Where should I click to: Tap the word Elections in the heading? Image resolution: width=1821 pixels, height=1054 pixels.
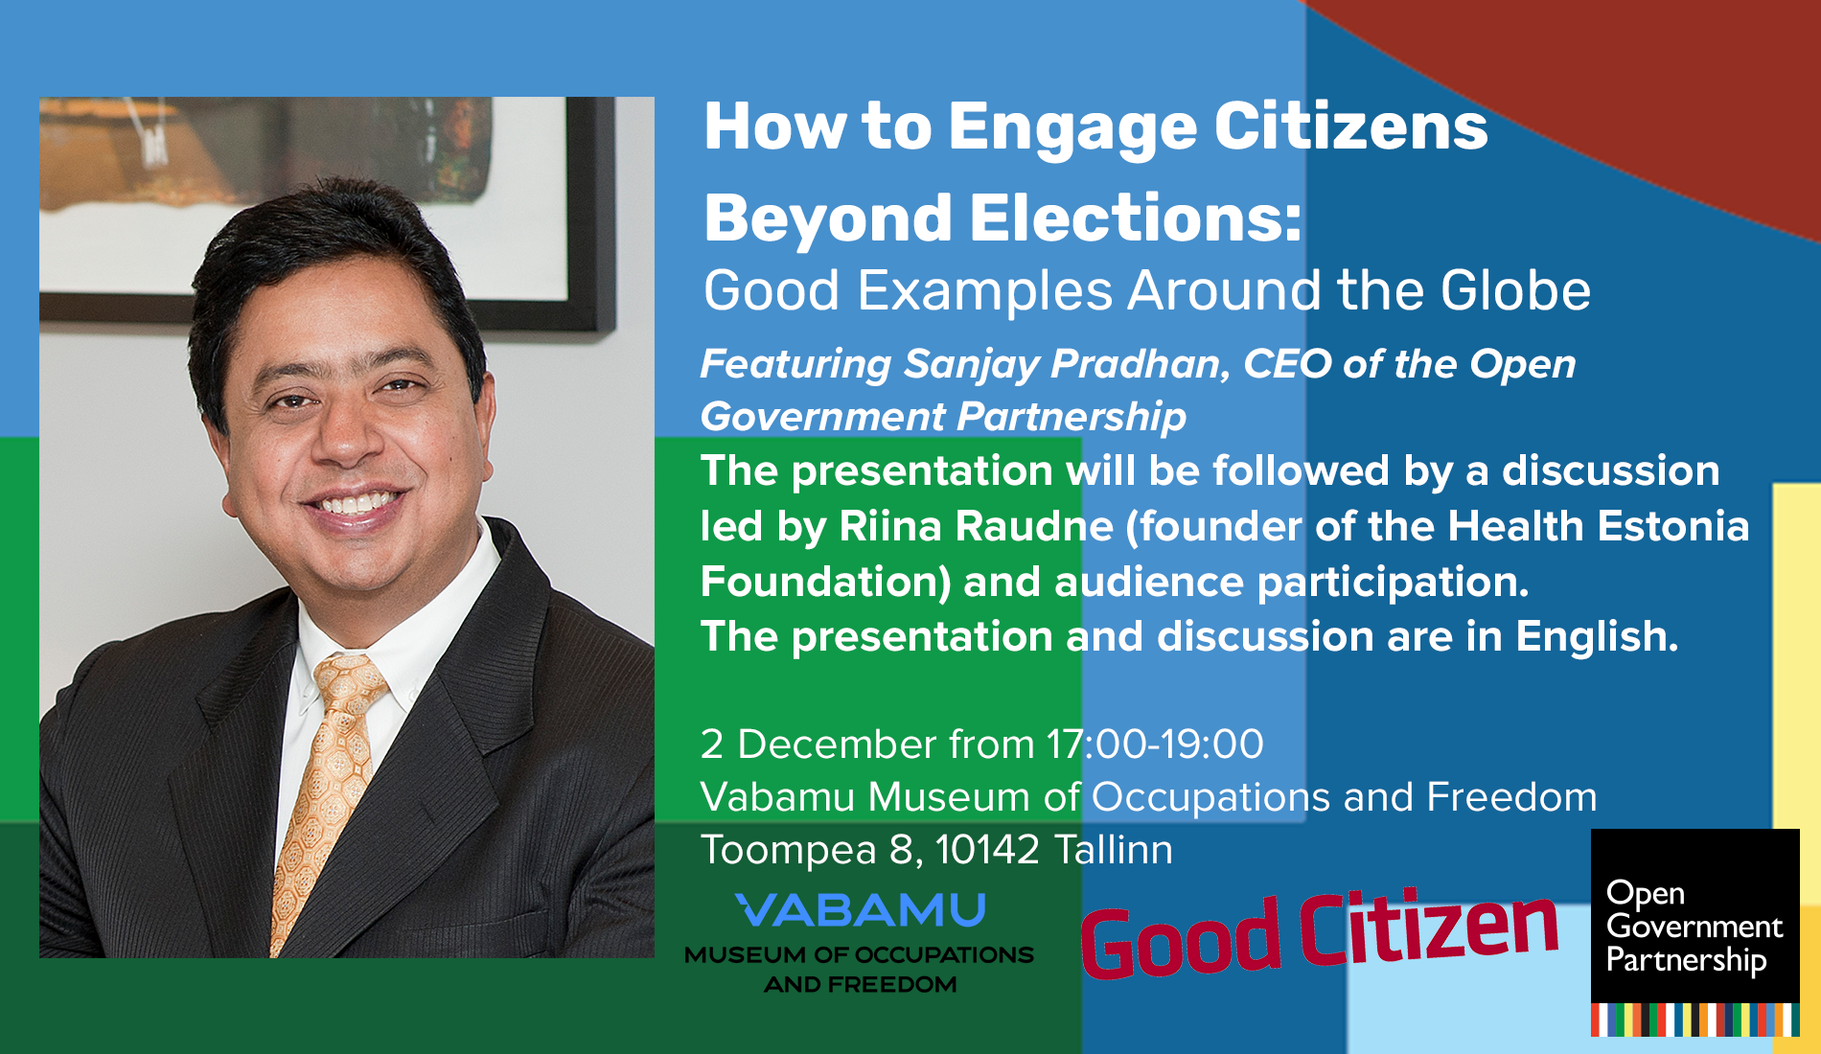1137,218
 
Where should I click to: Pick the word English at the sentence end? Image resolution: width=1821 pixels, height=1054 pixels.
1597,636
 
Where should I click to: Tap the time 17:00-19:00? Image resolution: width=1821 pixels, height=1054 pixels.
1155,745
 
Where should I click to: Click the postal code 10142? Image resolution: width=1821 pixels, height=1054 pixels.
987,850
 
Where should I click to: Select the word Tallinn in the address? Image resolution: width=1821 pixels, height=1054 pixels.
1113,850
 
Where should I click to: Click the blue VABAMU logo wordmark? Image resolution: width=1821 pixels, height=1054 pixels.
860,910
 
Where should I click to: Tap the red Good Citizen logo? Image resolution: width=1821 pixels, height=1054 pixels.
1319,936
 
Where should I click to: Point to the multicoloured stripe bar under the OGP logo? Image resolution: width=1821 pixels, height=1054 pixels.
1694,1020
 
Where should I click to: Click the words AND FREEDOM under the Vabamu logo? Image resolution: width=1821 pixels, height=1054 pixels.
860,985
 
